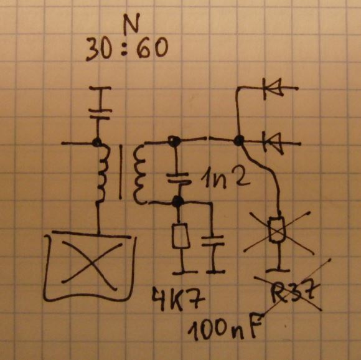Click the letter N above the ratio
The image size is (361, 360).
point(131,24)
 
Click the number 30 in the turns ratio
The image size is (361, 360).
point(99,49)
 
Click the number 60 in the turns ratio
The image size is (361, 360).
point(152,47)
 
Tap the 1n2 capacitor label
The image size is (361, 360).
point(225,178)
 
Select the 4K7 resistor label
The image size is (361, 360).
point(178,300)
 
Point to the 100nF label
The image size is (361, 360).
point(225,327)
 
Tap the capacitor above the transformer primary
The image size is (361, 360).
point(100,114)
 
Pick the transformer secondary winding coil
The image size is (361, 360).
point(139,174)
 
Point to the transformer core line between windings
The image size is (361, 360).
point(120,172)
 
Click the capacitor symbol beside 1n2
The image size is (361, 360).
point(179,179)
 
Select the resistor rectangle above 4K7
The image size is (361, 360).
point(181,235)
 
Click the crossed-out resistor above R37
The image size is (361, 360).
point(277,229)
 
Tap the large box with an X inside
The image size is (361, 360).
point(90,266)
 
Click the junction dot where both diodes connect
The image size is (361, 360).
point(239,140)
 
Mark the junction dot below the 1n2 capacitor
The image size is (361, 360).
point(178,202)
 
